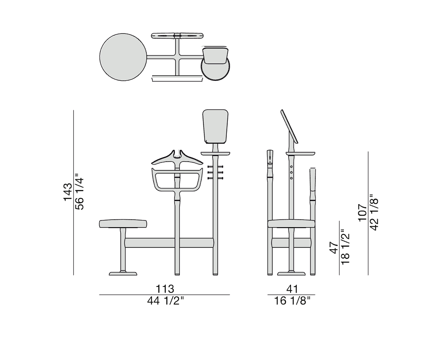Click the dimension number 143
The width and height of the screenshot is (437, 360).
click(67, 192)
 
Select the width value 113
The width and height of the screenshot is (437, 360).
click(165, 289)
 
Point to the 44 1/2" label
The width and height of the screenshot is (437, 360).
click(165, 301)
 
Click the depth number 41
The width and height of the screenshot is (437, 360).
click(292, 289)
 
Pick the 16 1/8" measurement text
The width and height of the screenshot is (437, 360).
click(292, 301)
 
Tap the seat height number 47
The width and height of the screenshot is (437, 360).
click(334, 248)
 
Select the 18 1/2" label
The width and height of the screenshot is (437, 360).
click(346, 247)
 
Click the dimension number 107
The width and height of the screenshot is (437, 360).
click(362, 213)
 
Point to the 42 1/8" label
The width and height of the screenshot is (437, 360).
click(374, 212)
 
